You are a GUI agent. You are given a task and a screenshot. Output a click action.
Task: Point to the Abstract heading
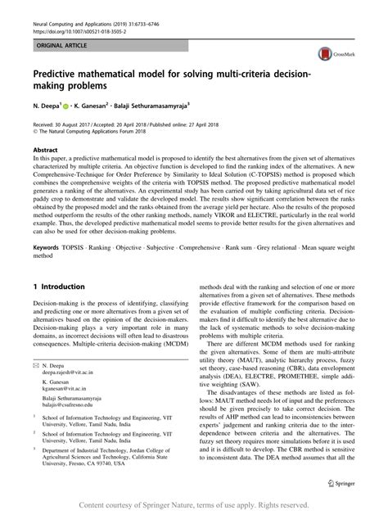tap(45, 150)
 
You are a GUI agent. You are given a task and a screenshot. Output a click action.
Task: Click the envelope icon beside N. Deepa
tap(35, 362)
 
